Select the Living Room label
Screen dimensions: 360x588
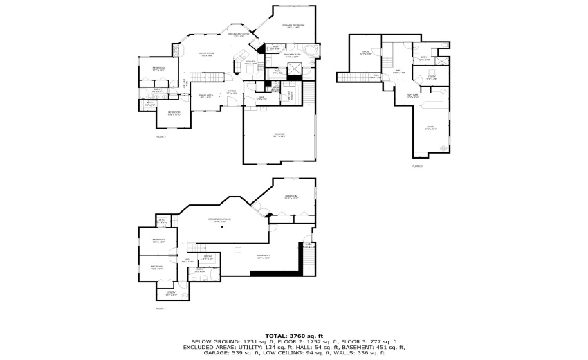(x=206, y=54)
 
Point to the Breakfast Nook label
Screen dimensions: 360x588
(x=238, y=35)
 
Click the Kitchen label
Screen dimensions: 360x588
(x=250, y=63)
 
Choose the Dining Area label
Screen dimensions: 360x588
(x=205, y=96)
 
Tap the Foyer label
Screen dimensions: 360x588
(x=232, y=92)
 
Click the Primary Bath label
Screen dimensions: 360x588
(x=292, y=55)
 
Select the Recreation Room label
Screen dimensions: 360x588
(x=220, y=220)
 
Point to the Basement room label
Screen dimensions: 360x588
(x=264, y=256)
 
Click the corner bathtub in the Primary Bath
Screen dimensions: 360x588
(x=309, y=53)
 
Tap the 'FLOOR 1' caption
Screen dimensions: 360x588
(x=160, y=308)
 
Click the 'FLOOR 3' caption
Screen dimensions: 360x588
(x=417, y=166)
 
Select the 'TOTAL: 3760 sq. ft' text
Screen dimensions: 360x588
(x=294, y=335)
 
